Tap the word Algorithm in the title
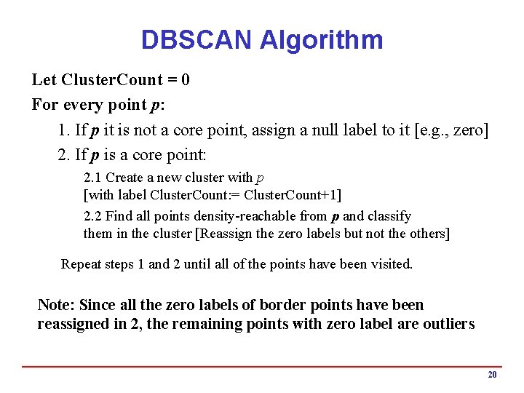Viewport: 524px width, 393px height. pyautogui.click(x=321, y=39)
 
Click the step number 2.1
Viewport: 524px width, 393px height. pyautogui.click(x=93, y=178)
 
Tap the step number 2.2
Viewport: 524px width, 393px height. pyautogui.click(x=93, y=216)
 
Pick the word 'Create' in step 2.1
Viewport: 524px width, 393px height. pyautogui.click(x=125, y=178)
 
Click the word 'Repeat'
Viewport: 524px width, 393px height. pyautogui.click(x=82, y=264)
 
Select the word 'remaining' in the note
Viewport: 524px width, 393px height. pyautogui.click(x=206, y=324)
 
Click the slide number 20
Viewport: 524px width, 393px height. pyautogui.click(x=492, y=375)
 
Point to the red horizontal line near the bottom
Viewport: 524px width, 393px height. pyautogui.click(x=262, y=367)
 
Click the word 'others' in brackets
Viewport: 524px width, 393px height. pyautogui.click(x=429, y=234)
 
